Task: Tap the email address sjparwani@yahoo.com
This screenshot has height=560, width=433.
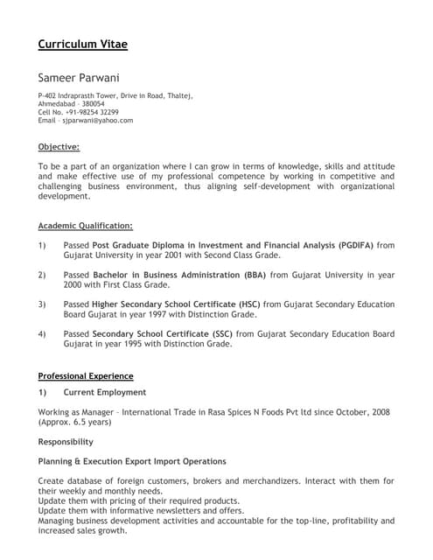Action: click(x=96, y=121)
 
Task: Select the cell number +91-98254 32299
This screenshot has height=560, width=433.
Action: click(x=90, y=112)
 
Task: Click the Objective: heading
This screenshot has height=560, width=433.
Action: click(x=59, y=146)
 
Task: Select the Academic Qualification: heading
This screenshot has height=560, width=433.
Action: click(x=86, y=226)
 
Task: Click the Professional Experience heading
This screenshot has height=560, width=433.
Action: click(x=86, y=376)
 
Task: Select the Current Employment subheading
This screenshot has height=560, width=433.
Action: click(x=105, y=393)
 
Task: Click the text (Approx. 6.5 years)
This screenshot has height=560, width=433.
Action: click(x=75, y=422)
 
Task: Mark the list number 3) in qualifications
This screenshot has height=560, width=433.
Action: click(x=42, y=304)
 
